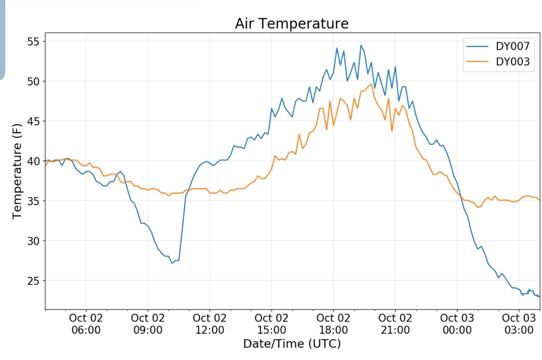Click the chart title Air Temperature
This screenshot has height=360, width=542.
292,23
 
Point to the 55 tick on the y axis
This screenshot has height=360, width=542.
33,42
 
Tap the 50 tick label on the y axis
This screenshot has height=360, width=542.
33,82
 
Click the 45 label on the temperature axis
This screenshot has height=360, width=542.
33,122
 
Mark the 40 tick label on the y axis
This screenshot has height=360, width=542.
33,162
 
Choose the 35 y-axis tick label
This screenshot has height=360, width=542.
33,201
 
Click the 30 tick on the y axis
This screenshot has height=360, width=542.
33,241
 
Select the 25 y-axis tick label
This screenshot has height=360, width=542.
33,281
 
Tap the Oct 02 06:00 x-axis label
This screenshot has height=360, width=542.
86,324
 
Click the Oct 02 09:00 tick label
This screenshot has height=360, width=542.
148,324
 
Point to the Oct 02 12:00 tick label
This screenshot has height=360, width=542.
210,324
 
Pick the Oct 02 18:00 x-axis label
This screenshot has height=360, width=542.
333,324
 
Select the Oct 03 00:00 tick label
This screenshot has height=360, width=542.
457,324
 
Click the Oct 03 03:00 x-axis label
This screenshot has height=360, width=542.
519,324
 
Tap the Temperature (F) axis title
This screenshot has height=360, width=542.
17,171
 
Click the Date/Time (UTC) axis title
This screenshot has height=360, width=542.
292,344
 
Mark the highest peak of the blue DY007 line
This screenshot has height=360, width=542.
361,45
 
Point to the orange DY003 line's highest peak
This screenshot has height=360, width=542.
372,84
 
